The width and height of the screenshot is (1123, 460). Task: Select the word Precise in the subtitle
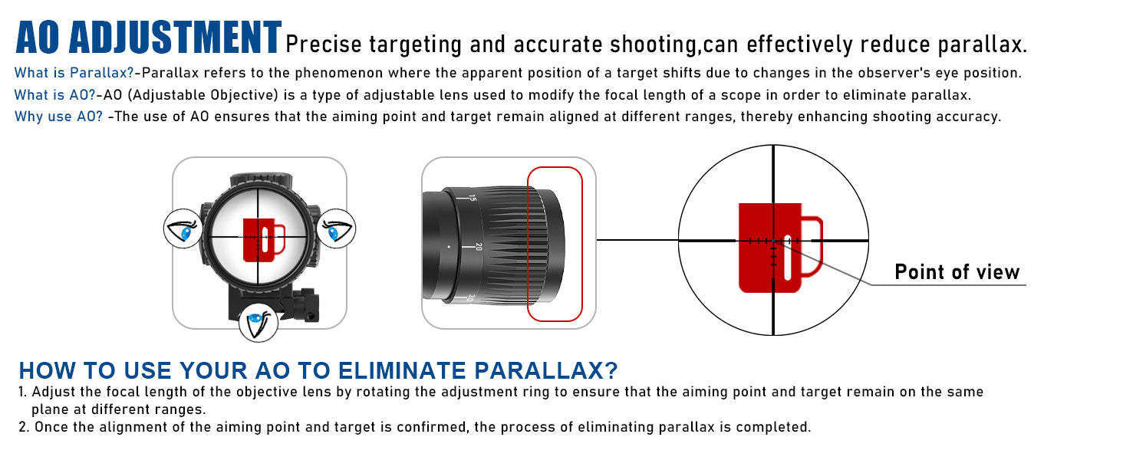323,44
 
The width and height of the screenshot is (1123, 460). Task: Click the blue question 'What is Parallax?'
74,74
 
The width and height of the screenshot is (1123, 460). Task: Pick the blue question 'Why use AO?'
58,117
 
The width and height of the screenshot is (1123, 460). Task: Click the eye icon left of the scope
184,228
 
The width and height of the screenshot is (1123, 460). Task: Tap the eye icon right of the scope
335,228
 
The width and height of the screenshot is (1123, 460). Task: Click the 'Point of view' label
957,272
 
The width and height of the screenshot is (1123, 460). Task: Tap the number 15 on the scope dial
472,198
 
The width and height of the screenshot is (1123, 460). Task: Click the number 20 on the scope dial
478,247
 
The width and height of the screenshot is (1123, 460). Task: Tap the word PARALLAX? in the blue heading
547,370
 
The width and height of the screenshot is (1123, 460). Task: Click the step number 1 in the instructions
22,392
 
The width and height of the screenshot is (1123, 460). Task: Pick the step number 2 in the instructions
23,427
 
